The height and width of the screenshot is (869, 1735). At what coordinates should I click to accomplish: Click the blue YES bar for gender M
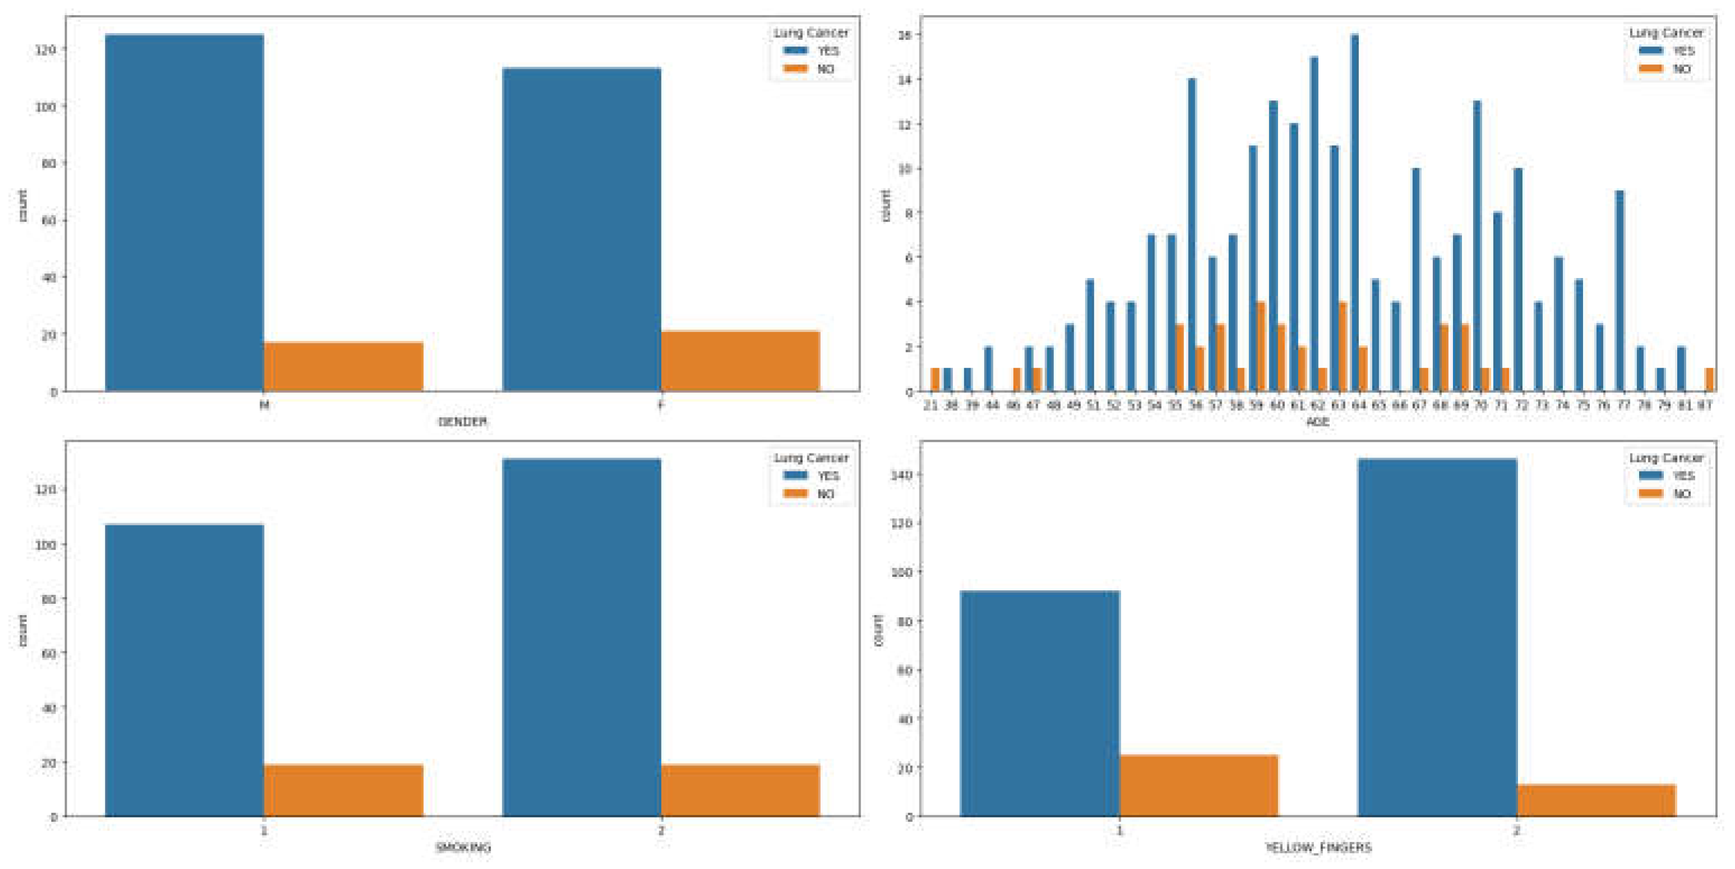(x=184, y=212)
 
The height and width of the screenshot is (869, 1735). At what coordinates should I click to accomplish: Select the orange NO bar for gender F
(x=739, y=361)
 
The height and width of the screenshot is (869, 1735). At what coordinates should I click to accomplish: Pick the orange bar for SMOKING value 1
(x=343, y=790)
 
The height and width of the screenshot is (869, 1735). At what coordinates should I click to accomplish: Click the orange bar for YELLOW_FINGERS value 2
(x=1595, y=800)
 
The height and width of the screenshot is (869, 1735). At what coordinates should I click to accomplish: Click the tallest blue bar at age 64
(x=1354, y=212)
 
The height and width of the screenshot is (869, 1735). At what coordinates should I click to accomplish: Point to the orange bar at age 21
(x=935, y=380)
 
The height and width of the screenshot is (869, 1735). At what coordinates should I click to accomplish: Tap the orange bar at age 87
(x=1709, y=380)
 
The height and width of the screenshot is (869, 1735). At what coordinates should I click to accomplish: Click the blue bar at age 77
(x=1619, y=291)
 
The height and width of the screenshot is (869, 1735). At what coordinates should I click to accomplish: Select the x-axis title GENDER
(x=462, y=422)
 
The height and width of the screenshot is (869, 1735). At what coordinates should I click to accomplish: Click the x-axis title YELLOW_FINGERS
(x=1317, y=848)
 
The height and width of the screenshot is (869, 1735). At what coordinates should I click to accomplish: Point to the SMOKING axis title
(x=462, y=848)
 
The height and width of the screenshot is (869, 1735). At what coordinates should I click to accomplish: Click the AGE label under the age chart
(x=1317, y=422)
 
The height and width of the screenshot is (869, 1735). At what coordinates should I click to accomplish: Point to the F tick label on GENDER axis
(x=661, y=405)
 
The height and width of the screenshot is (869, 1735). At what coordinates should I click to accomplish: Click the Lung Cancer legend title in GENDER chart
(x=811, y=33)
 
